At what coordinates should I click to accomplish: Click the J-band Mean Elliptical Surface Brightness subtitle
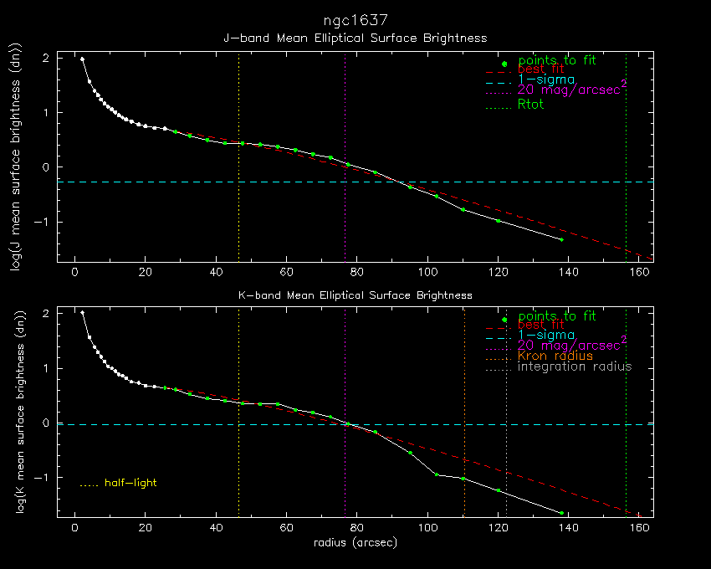[x=355, y=38]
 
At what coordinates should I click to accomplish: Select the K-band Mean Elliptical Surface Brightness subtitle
[x=355, y=295]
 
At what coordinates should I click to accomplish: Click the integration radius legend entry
[x=575, y=367]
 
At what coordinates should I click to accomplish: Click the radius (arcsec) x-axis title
[x=355, y=542]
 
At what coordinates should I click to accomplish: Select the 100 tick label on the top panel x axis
[x=427, y=271]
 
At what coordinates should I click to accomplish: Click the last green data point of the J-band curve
[x=561, y=240]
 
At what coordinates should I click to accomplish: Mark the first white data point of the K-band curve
[x=82, y=313]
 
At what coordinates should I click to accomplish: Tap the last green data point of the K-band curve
[x=561, y=513]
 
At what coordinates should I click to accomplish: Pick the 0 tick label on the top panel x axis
[x=75, y=271]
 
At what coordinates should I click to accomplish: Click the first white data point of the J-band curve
[x=82, y=59]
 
